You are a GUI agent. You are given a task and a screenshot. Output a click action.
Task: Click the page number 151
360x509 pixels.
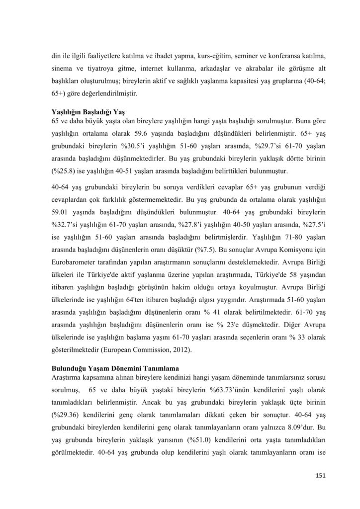[x=320, y=476]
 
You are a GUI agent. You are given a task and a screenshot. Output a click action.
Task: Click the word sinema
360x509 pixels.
[x=63, y=68]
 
